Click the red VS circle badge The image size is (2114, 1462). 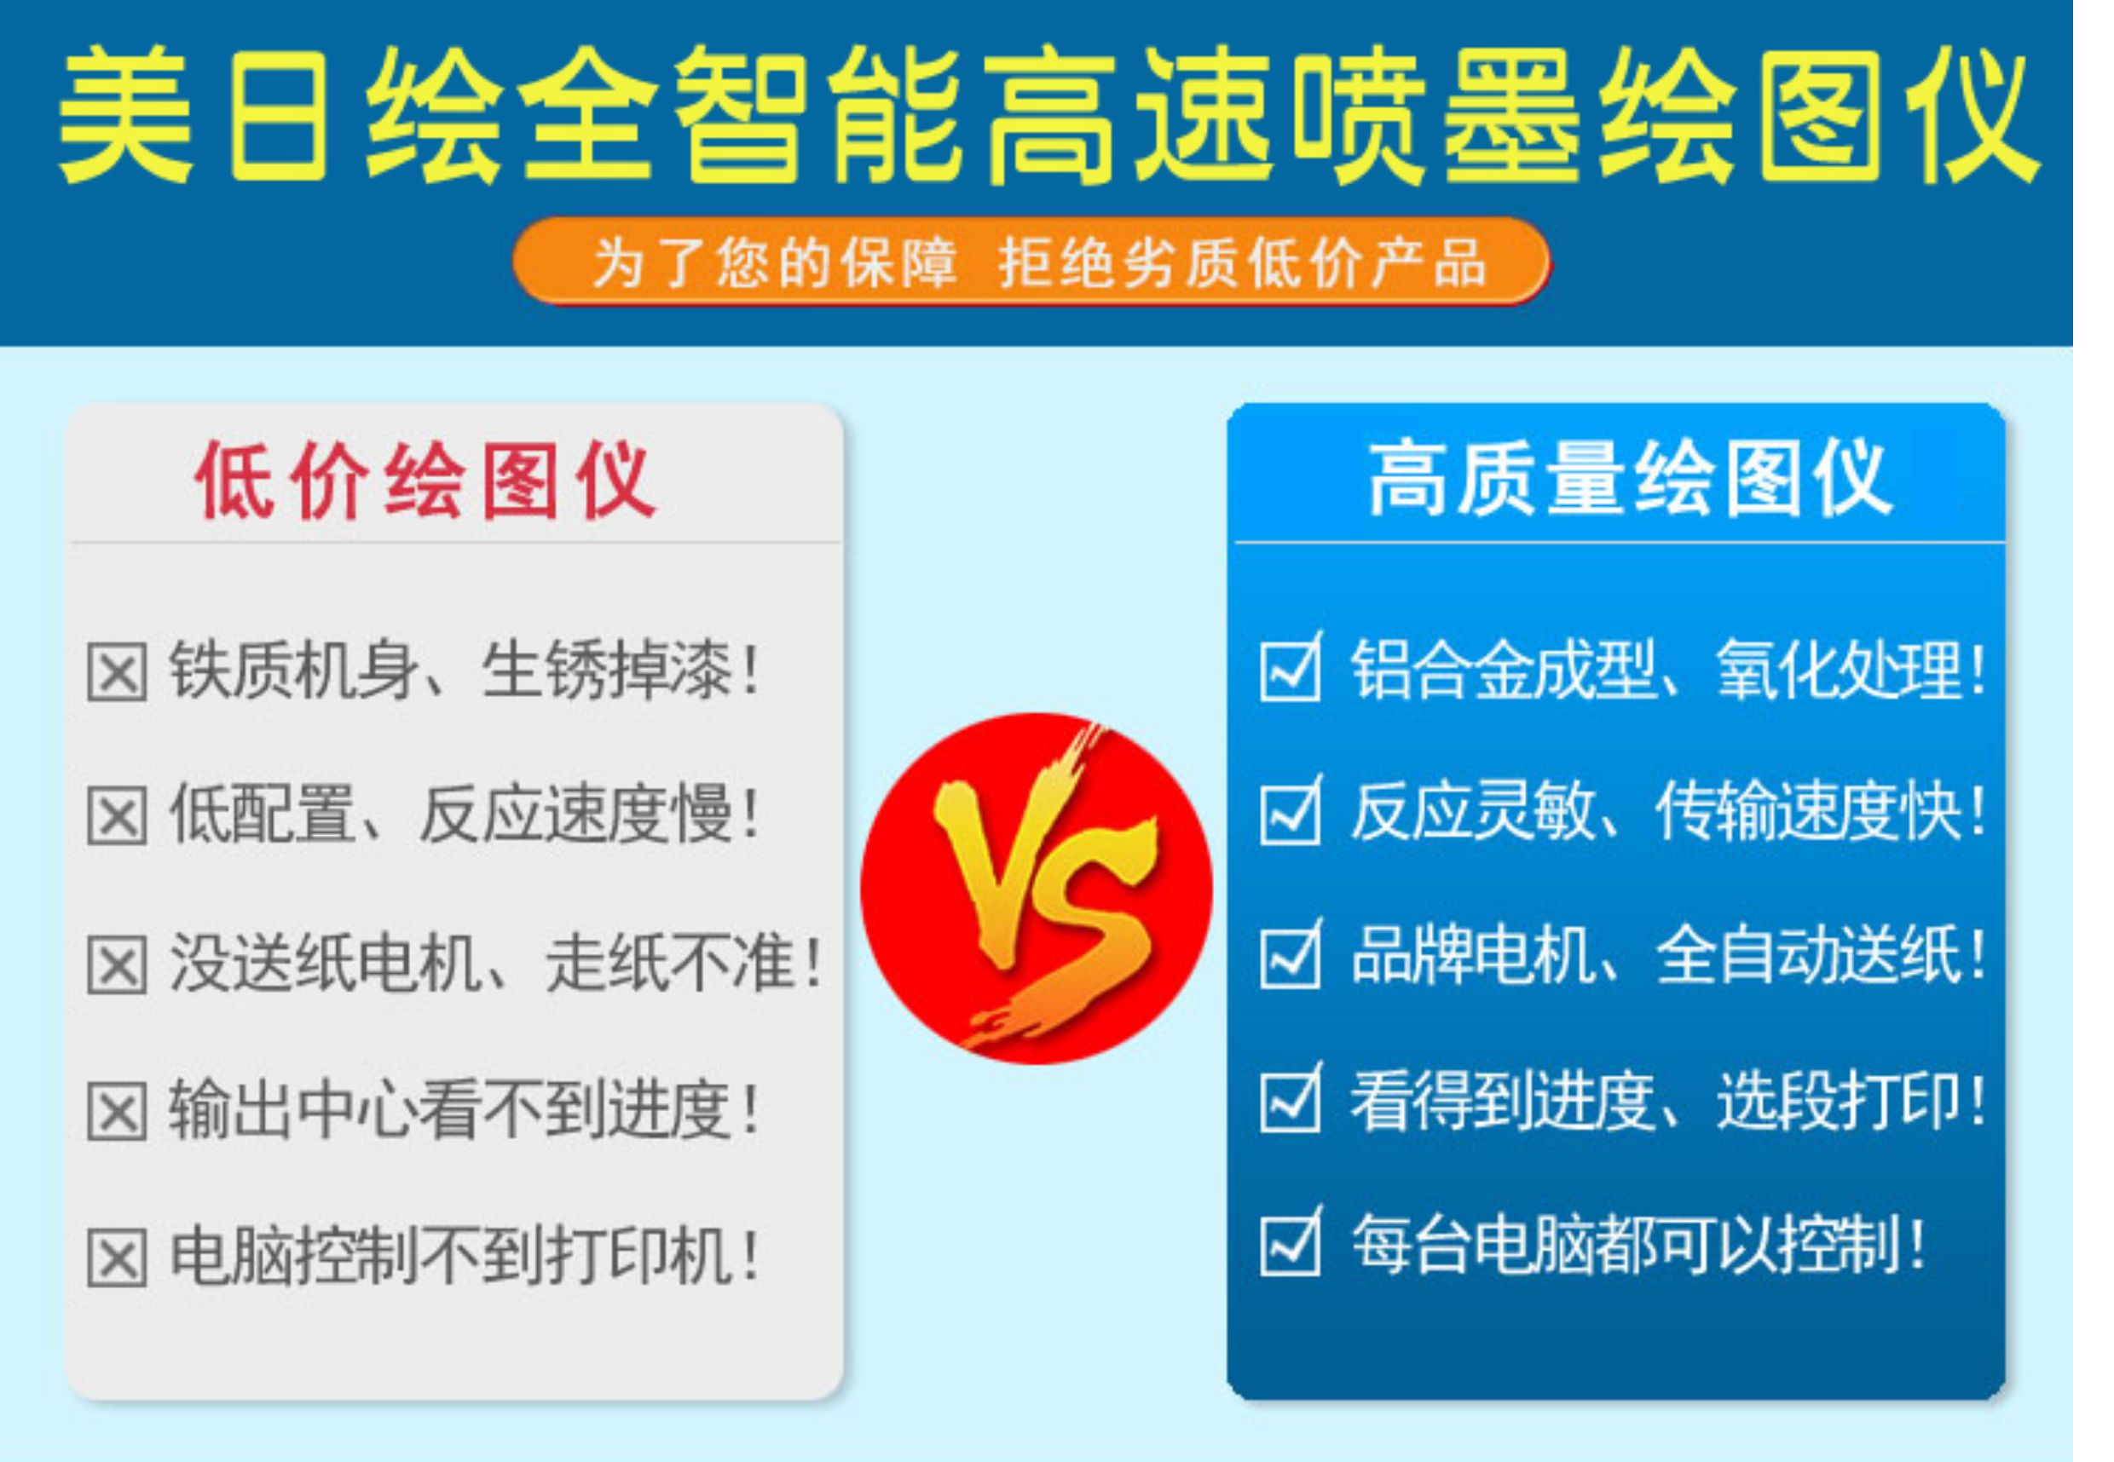coord(1036,888)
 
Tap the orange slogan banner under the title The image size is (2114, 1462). coord(1031,261)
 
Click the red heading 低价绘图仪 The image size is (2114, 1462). coord(425,480)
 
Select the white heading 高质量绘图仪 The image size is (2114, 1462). coord(1629,478)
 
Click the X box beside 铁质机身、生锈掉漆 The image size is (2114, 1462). coord(117,672)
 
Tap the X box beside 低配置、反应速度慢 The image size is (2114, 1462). coord(117,815)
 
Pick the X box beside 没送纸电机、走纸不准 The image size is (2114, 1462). coord(117,964)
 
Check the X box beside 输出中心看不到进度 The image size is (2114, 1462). coord(117,1112)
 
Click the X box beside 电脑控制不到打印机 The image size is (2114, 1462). coord(117,1258)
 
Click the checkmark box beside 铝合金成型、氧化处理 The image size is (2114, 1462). coord(1291,667)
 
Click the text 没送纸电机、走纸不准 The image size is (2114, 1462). coord(494,963)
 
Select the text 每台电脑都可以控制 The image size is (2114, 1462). coord(1637,1245)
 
